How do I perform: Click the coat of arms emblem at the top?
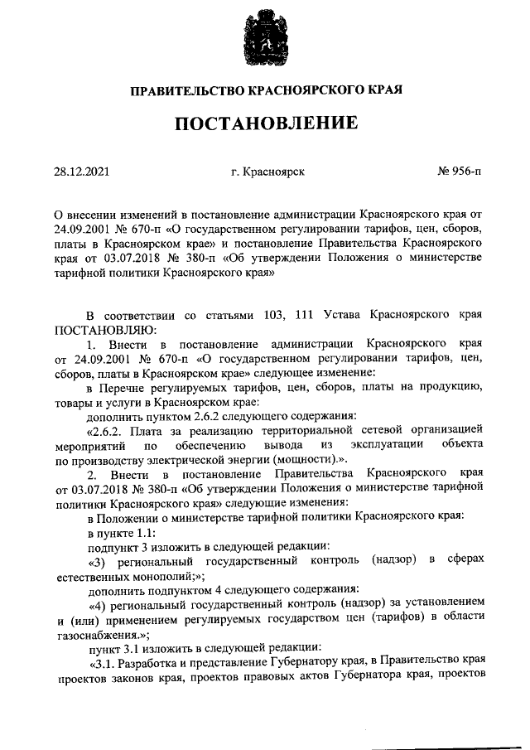coord(265,38)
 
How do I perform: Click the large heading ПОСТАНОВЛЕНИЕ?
coord(265,123)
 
